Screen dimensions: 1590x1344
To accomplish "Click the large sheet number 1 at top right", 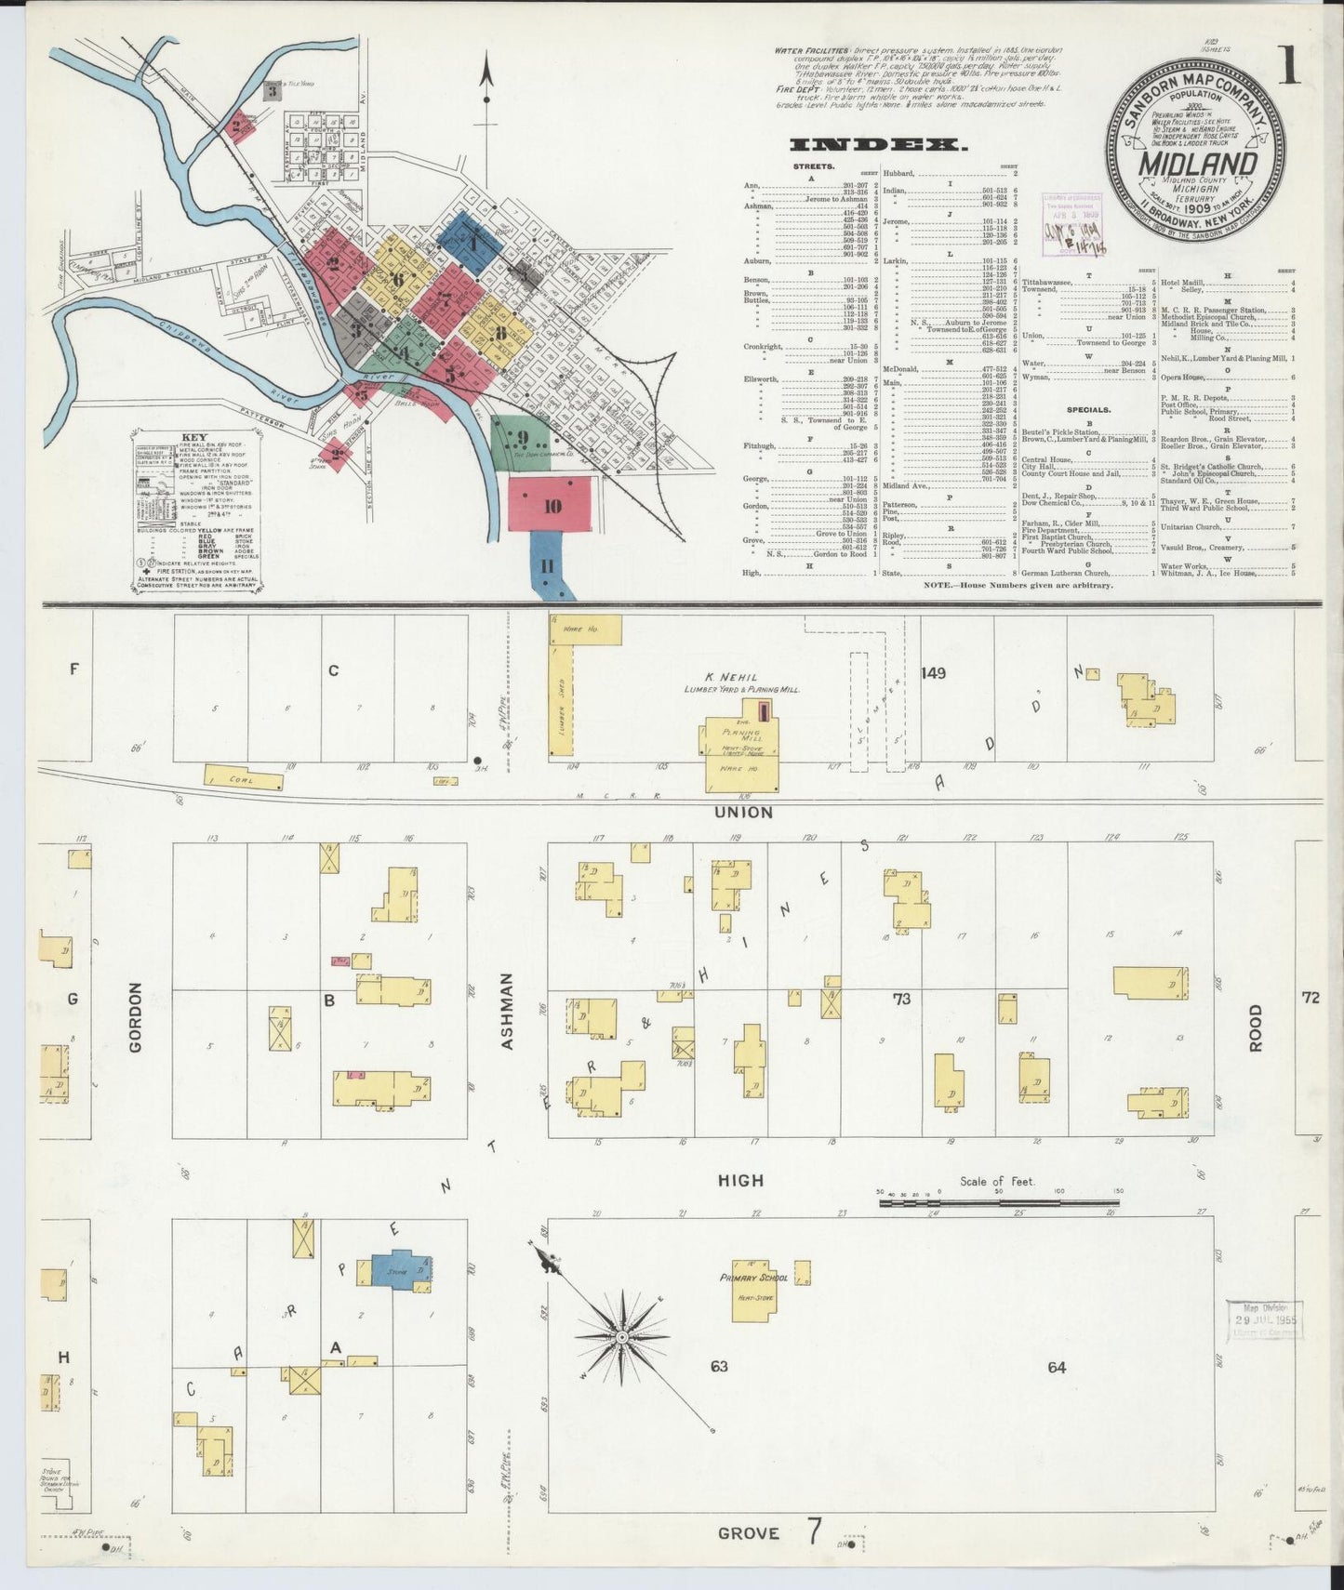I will click(x=1287, y=66).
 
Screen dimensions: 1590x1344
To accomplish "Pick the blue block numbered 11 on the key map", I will click(x=547, y=565).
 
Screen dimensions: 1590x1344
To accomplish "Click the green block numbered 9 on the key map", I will click(x=522, y=440).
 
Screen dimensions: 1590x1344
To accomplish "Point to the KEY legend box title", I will click(x=194, y=437).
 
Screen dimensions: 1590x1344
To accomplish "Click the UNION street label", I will click(x=743, y=812).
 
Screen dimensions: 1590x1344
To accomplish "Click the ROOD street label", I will click(x=1256, y=1027).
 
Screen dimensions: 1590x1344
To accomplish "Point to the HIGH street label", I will click(x=740, y=1180).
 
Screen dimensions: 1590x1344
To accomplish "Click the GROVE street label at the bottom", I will click(x=748, y=1532).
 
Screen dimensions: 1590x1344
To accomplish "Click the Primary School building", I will click(x=754, y=1288).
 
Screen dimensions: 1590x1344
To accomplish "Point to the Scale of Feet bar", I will click(x=999, y=1202).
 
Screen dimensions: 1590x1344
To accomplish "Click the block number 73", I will click(x=900, y=1000).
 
